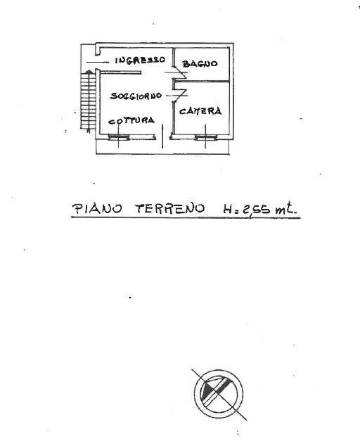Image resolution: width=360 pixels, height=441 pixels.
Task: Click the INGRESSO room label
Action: coord(140,60)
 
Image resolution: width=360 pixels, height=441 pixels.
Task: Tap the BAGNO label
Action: coord(200,64)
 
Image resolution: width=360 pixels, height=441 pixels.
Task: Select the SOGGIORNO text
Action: coord(136,96)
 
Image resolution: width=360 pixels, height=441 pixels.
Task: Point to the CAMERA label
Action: coord(200,111)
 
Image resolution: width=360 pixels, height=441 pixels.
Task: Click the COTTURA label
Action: coord(131,121)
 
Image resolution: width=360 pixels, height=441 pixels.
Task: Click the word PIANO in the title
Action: coord(97,209)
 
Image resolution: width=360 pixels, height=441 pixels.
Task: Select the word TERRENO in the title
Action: coord(170,209)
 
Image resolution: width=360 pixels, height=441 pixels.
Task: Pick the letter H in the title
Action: coord(228,210)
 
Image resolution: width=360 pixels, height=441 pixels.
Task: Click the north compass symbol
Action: coord(219,394)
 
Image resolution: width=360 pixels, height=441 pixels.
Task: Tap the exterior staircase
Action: coord(89,100)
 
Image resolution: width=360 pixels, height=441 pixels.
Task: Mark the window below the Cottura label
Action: coord(119,137)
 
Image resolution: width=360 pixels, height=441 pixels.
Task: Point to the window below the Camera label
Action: coord(206,137)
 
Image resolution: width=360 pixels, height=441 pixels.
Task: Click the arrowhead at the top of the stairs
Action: coord(89,72)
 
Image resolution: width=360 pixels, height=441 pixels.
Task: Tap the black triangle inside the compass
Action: coord(207,391)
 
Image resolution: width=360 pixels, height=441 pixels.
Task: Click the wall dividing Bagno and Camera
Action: coord(202,82)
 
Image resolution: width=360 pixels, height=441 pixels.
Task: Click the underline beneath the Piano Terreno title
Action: coord(186,217)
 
